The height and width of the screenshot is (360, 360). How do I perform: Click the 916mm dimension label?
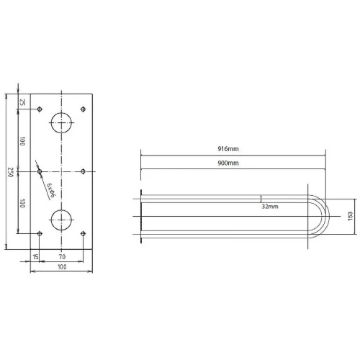point(228,149)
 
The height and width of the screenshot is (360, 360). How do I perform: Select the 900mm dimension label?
point(228,163)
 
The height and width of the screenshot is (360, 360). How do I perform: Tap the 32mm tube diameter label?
point(270,207)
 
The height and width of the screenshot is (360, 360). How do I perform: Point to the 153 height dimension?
point(350,216)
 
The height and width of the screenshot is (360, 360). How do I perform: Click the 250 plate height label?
point(10,172)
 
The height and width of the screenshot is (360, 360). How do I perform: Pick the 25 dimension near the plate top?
point(22,102)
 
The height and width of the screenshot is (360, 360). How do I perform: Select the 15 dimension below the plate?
point(35,257)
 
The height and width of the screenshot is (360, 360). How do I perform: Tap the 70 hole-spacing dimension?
point(62,257)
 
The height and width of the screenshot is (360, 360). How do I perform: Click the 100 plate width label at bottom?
point(62,267)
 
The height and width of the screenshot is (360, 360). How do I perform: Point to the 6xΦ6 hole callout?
point(51,190)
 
